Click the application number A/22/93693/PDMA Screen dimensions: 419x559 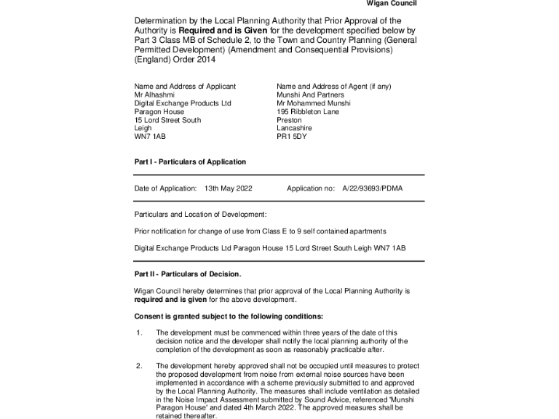(x=372, y=188)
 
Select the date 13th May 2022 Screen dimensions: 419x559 (x=228, y=188)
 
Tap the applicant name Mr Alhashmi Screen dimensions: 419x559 (x=154, y=95)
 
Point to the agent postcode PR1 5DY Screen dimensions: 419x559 (x=292, y=136)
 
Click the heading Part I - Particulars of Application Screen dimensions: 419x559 (x=190, y=162)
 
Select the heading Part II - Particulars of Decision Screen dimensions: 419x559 (x=187, y=274)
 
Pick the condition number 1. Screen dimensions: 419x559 (x=139, y=333)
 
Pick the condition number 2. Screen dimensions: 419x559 (x=139, y=366)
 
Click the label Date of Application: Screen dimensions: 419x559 (x=166, y=188)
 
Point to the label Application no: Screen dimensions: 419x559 (x=311, y=188)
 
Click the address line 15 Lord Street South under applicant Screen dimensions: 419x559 (x=167, y=120)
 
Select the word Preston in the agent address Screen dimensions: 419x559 (x=289, y=120)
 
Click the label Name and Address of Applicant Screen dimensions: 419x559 (x=185, y=87)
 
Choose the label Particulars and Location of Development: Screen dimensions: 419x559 (x=200, y=215)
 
